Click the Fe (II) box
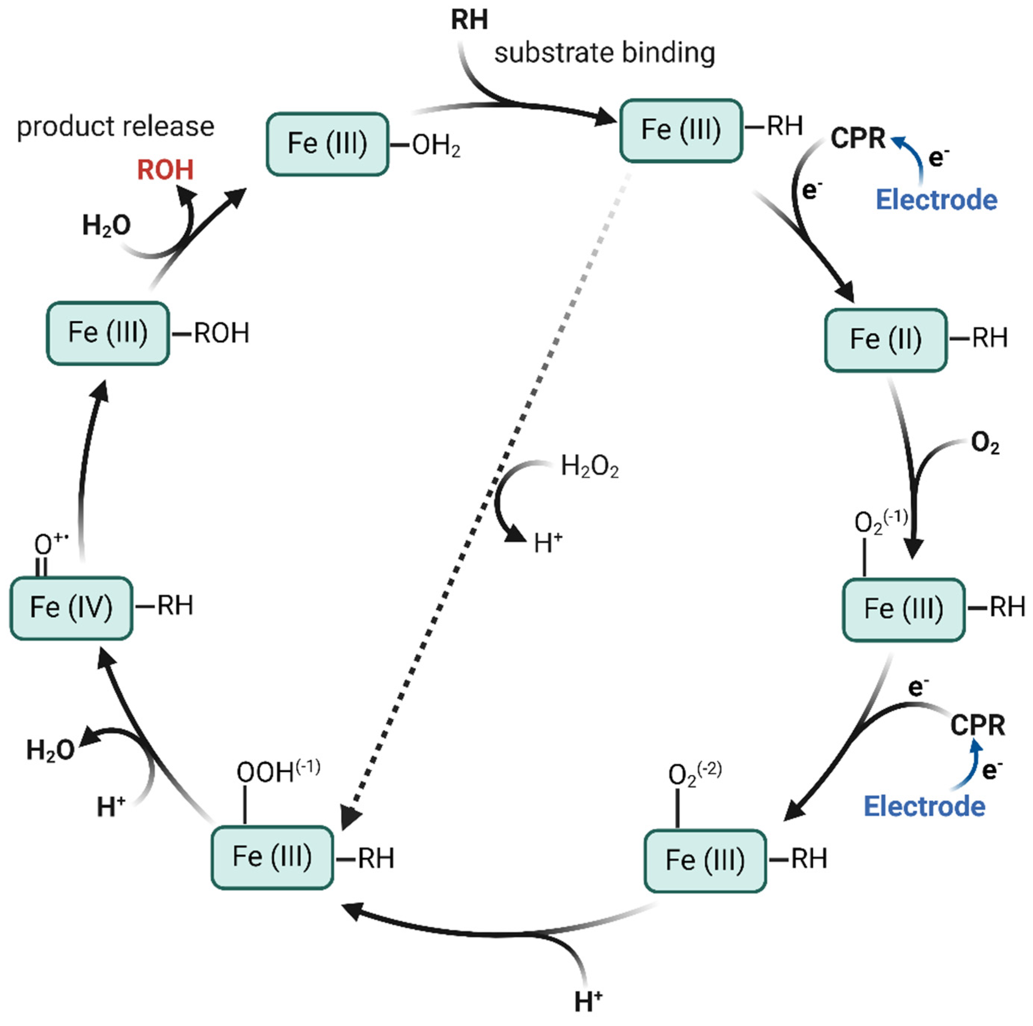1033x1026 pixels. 885,340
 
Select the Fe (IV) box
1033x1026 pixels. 71,608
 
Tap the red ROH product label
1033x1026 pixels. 165,170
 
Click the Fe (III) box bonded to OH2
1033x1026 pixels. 327,144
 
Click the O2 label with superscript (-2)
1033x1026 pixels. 694,774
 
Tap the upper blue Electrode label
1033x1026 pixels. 936,200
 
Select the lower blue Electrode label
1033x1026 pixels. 925,806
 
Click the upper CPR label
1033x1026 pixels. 858,139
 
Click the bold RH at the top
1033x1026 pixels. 469,20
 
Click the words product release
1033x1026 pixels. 115,127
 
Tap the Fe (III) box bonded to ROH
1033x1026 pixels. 108,333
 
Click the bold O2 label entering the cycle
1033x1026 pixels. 985,443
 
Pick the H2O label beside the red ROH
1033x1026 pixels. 106,225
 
